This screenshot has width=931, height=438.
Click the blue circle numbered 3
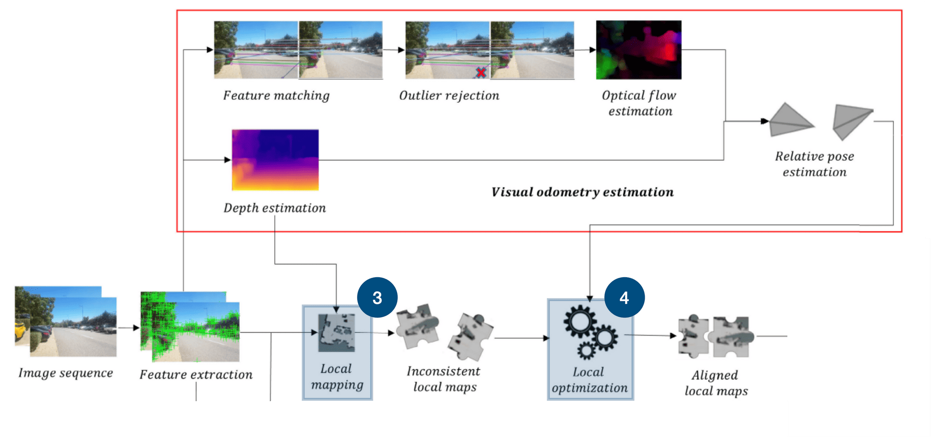pyautogui.click(x=377, y=298)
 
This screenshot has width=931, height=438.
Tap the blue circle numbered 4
pyautogui.click(x=624, y=298)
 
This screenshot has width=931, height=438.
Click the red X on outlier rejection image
pyautogui.click(x=481, y=72)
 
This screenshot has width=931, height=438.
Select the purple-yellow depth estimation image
pyautogui.click(x=275, y=160)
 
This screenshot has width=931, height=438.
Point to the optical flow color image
pyautogui.click(x=639, y=50)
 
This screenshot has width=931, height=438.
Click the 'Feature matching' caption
pyautogui.click(x=276, y=96)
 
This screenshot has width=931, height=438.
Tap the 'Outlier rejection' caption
pyautogui.click(x=449, y=96)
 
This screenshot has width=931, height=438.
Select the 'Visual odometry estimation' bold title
pyautogui.click(x=582, y=192)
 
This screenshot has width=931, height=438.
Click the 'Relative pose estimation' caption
pyautogui.click(x=814, y=164)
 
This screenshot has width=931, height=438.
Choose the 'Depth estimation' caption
pyautogui.click(x=275, y=208)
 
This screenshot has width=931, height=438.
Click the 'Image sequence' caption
pyautogui.click(x=66, y=373)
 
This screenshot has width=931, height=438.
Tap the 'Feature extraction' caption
pyautogui.click(x=196, y=375)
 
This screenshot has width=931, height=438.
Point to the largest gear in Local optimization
pyautogui.click(x=580, y=321)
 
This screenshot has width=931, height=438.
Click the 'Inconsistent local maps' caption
pyautogui.click(x=444, y=379)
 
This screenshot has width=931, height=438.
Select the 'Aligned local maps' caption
pyautogui.click(x=715, y=383)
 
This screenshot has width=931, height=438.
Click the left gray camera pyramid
pyautogui.click(x=789, y=121)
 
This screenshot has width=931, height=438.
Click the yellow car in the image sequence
pyautogui.click(x=20, y=330)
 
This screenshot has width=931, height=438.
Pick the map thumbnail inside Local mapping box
pyautogui.click(x=336, y=333)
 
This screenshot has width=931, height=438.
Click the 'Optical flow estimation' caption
pyautogui.click(x=639, y=103)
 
